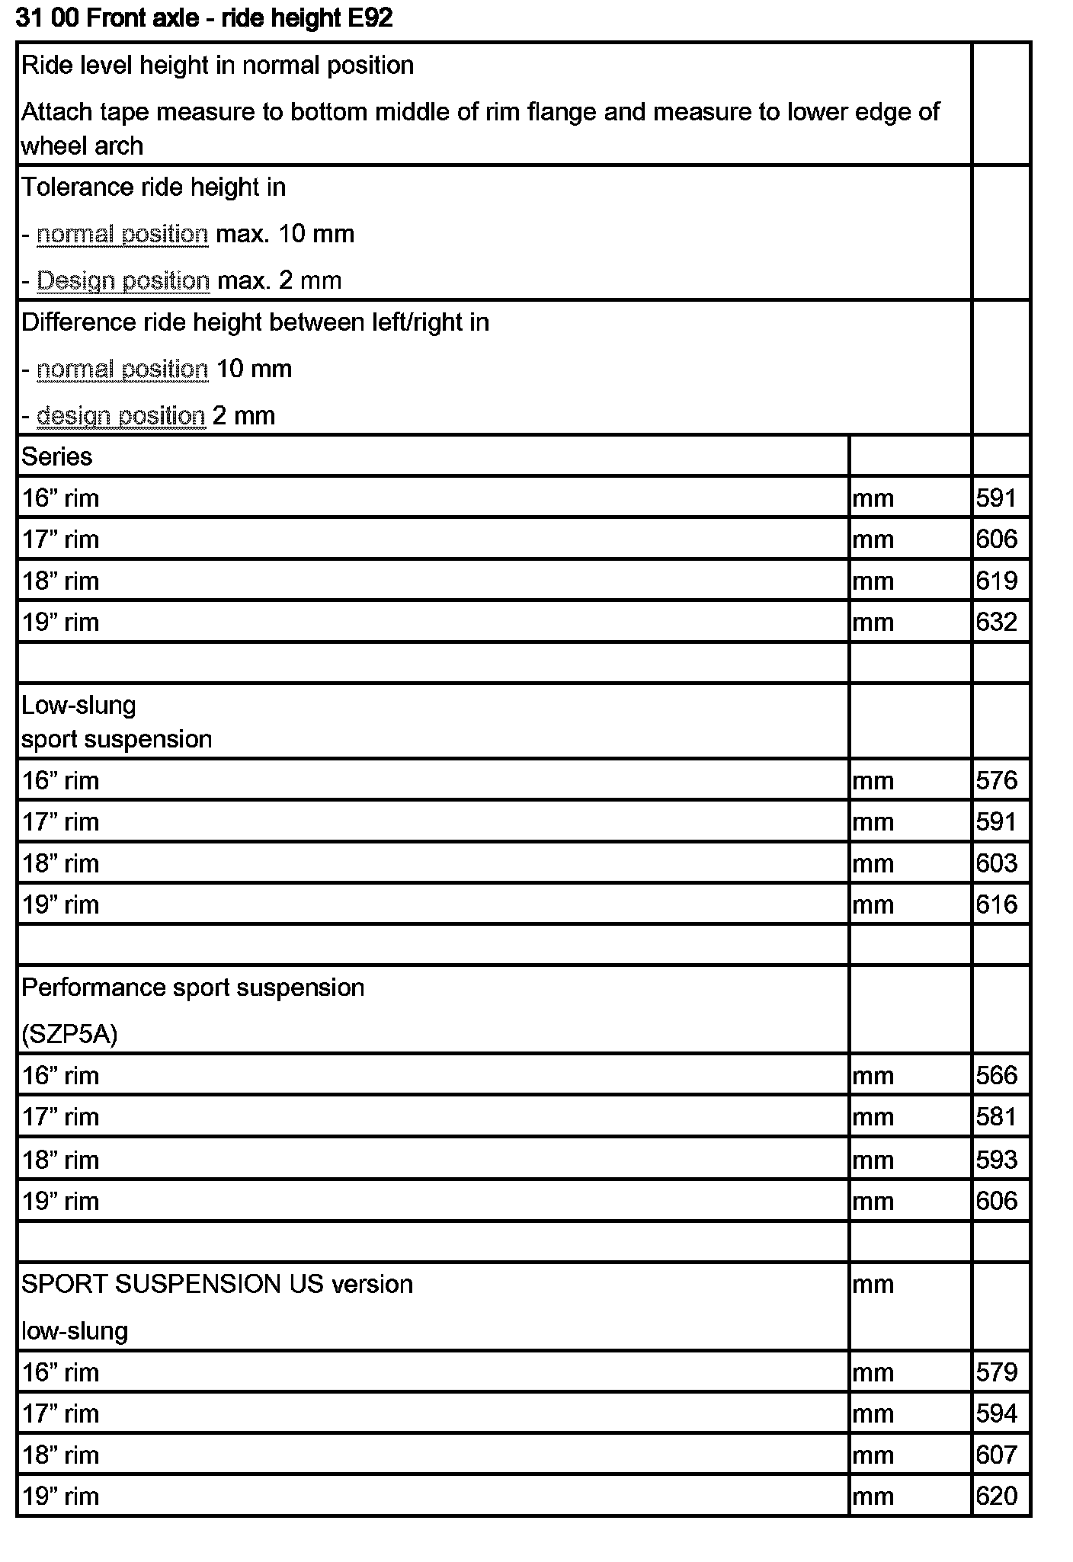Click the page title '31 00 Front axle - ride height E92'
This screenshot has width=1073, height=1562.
coord(204,18)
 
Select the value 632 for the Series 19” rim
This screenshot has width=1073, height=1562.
coord(997,622)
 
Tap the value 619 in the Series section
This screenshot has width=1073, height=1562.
coord(997,581)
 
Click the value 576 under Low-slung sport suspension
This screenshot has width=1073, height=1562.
coord(997,779)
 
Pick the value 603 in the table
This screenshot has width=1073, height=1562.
coord(997,863)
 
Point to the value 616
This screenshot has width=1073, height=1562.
coord(997,904)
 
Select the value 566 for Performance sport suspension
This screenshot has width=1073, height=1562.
coord(997,1074)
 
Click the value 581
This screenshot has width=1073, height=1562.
coord(997,1116)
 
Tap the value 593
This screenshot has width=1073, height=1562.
coord(997,1159)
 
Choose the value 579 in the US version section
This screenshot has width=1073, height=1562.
coord(997,1372)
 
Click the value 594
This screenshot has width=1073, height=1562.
coord(997,1413)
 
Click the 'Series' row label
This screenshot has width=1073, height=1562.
coord(57,456)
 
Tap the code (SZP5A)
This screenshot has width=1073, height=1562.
coord(69,1034)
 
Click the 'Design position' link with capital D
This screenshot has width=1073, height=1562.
coord(123,280)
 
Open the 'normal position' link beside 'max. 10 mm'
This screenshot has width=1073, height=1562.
coord(123,233)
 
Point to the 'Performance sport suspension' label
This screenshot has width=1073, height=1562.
coord(193,987)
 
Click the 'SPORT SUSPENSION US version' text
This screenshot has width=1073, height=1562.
coord(217,1284)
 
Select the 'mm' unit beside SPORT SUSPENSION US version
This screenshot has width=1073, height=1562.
coord(873,1284)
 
